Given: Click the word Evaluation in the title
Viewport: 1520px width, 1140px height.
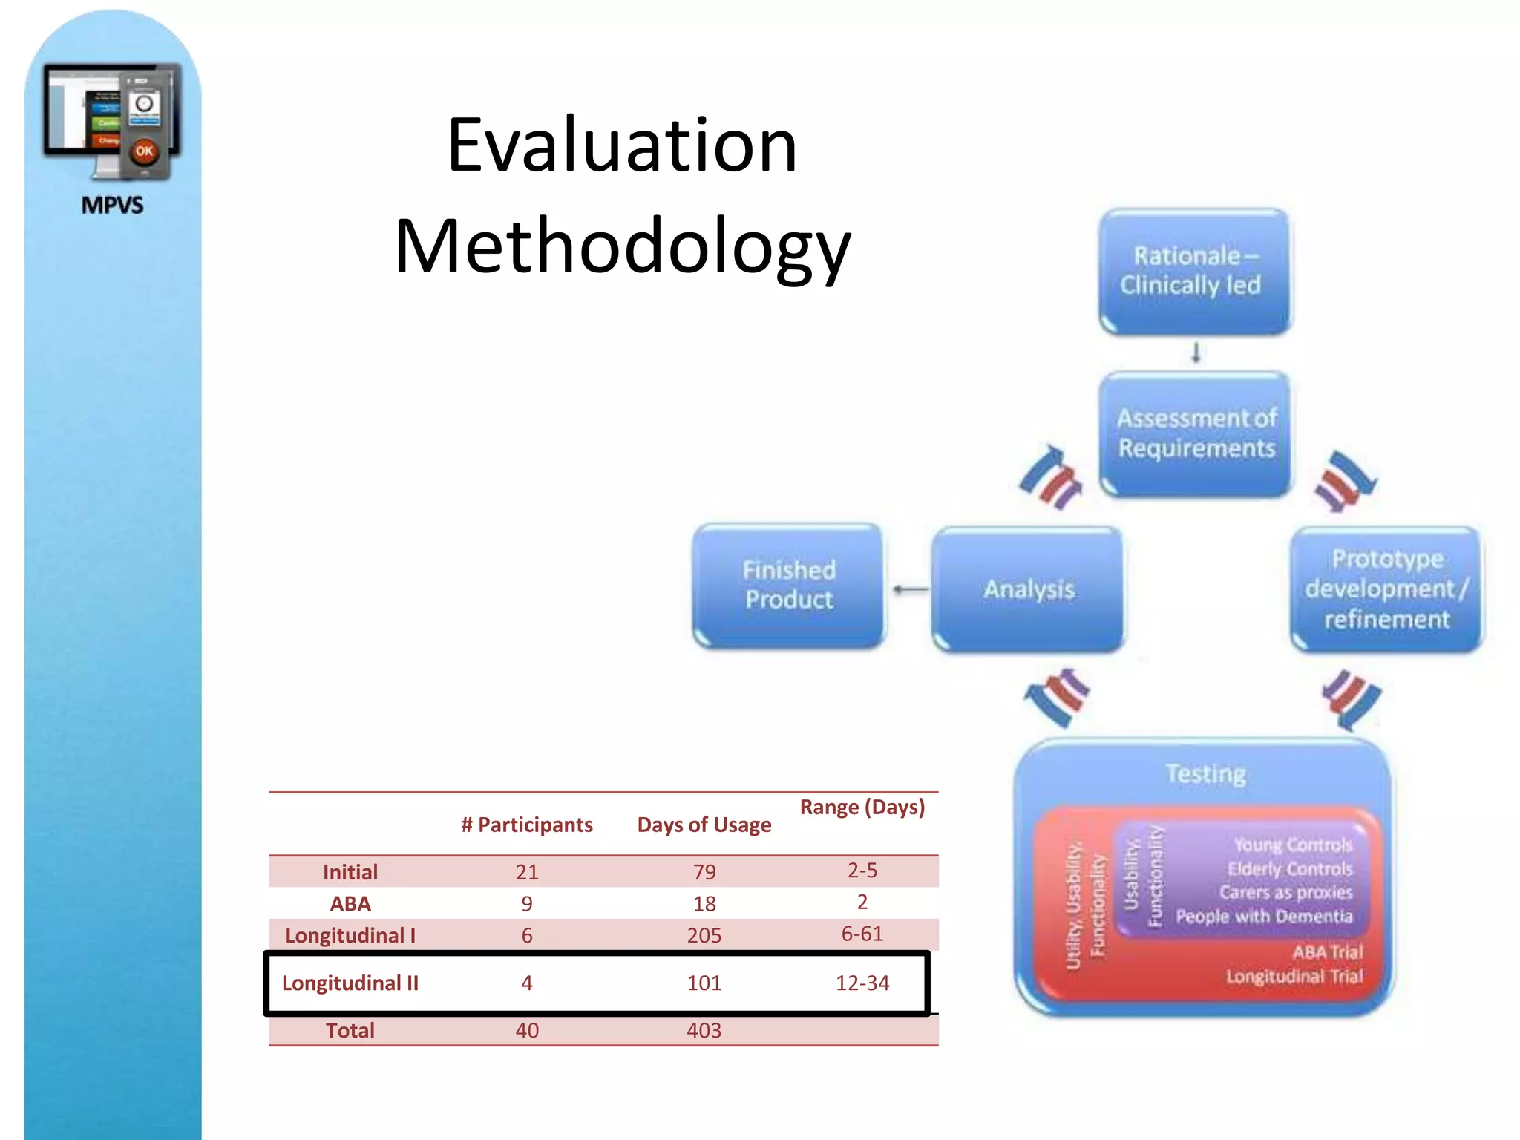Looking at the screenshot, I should [622, 145].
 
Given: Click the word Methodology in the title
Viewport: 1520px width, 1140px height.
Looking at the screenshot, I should [622, 246].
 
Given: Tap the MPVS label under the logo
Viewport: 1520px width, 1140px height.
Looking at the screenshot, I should [112, 205].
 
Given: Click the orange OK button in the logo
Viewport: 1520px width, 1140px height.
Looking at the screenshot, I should [144, 151].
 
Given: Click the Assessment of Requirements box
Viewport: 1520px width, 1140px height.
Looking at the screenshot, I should [1195, 433].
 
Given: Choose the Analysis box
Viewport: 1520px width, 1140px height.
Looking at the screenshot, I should [1028, 589].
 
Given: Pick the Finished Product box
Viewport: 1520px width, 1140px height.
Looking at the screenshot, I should [789, 585].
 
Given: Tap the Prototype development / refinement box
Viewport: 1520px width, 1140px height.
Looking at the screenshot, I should [1386, 589].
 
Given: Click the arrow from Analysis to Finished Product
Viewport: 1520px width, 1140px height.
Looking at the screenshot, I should [910, 590].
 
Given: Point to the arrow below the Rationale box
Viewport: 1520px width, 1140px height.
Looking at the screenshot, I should [1196, 353].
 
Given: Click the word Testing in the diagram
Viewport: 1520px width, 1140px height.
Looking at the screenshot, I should [1205, 774].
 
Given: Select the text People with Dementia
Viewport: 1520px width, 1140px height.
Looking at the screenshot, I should [1263, 917].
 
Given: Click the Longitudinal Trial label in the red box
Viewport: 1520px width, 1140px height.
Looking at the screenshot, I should [1294, 977].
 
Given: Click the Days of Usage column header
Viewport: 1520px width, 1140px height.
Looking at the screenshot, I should [704, 825].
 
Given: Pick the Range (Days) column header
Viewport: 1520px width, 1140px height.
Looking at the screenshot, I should [862, 807].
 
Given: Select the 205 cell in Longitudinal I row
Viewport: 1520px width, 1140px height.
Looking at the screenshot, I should [704, 935].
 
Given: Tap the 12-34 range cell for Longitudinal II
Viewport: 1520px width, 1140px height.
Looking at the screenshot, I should [862, 983].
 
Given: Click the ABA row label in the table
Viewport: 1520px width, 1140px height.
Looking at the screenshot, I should [350, 903].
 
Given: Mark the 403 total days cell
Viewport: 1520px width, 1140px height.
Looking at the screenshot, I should [704, 1030].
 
